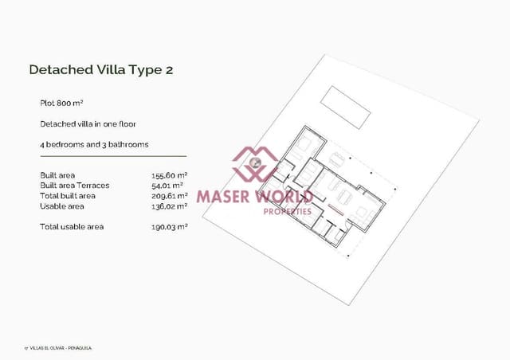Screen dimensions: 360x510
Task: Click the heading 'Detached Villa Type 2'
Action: [100, 69]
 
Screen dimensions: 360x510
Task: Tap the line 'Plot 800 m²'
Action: [62, 104]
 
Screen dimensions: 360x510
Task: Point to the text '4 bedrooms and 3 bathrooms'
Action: [94, 145]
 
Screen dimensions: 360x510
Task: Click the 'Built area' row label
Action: [58, 175]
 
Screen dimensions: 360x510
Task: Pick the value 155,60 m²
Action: [169, 175]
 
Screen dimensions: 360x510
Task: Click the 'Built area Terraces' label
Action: [74, 186]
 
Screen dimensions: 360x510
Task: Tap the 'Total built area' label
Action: [68, 196]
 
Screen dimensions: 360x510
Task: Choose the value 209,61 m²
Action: [169, 196]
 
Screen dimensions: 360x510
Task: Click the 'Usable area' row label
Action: [61, 206]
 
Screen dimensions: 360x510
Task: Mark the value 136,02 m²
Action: [169, 206]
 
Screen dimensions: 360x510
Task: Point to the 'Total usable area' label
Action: [72, 227]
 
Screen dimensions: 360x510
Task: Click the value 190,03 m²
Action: [169, 227]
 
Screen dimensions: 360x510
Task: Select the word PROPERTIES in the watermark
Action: [287, 210]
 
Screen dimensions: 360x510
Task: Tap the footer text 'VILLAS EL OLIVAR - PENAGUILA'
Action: [64, 347]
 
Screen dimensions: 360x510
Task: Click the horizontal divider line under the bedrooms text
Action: [112, 156]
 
